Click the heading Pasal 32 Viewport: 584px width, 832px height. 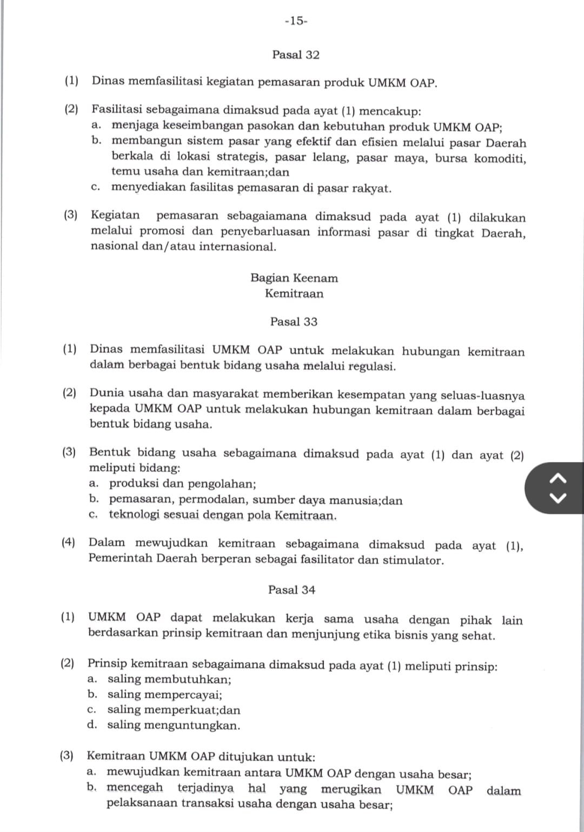point(296,55)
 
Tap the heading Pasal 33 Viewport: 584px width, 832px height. point(294,322)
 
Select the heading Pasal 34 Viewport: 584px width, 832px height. point(291,590)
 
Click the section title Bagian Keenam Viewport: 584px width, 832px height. point(294,278)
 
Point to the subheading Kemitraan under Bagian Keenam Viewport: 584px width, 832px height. point(294,294)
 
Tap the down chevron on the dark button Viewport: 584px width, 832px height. point(560,497)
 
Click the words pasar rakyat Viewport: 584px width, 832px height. point(361,188)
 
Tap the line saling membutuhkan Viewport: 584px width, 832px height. point(169,679)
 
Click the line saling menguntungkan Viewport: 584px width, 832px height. point(173,725)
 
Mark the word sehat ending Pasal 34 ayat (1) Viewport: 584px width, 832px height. point(478,635)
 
